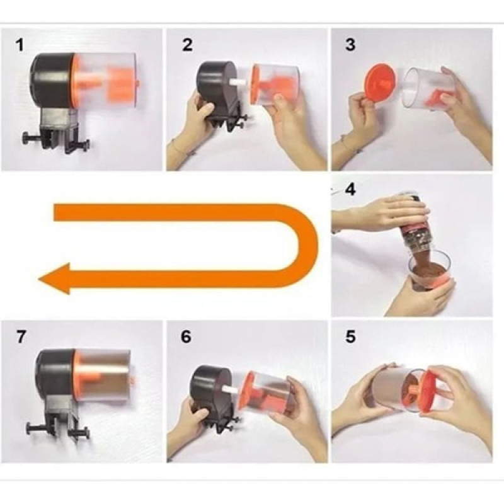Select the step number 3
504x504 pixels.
(x=351, y=45)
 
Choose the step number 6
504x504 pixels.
(x=186, y=336)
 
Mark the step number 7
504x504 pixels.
(x=21, y=336)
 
